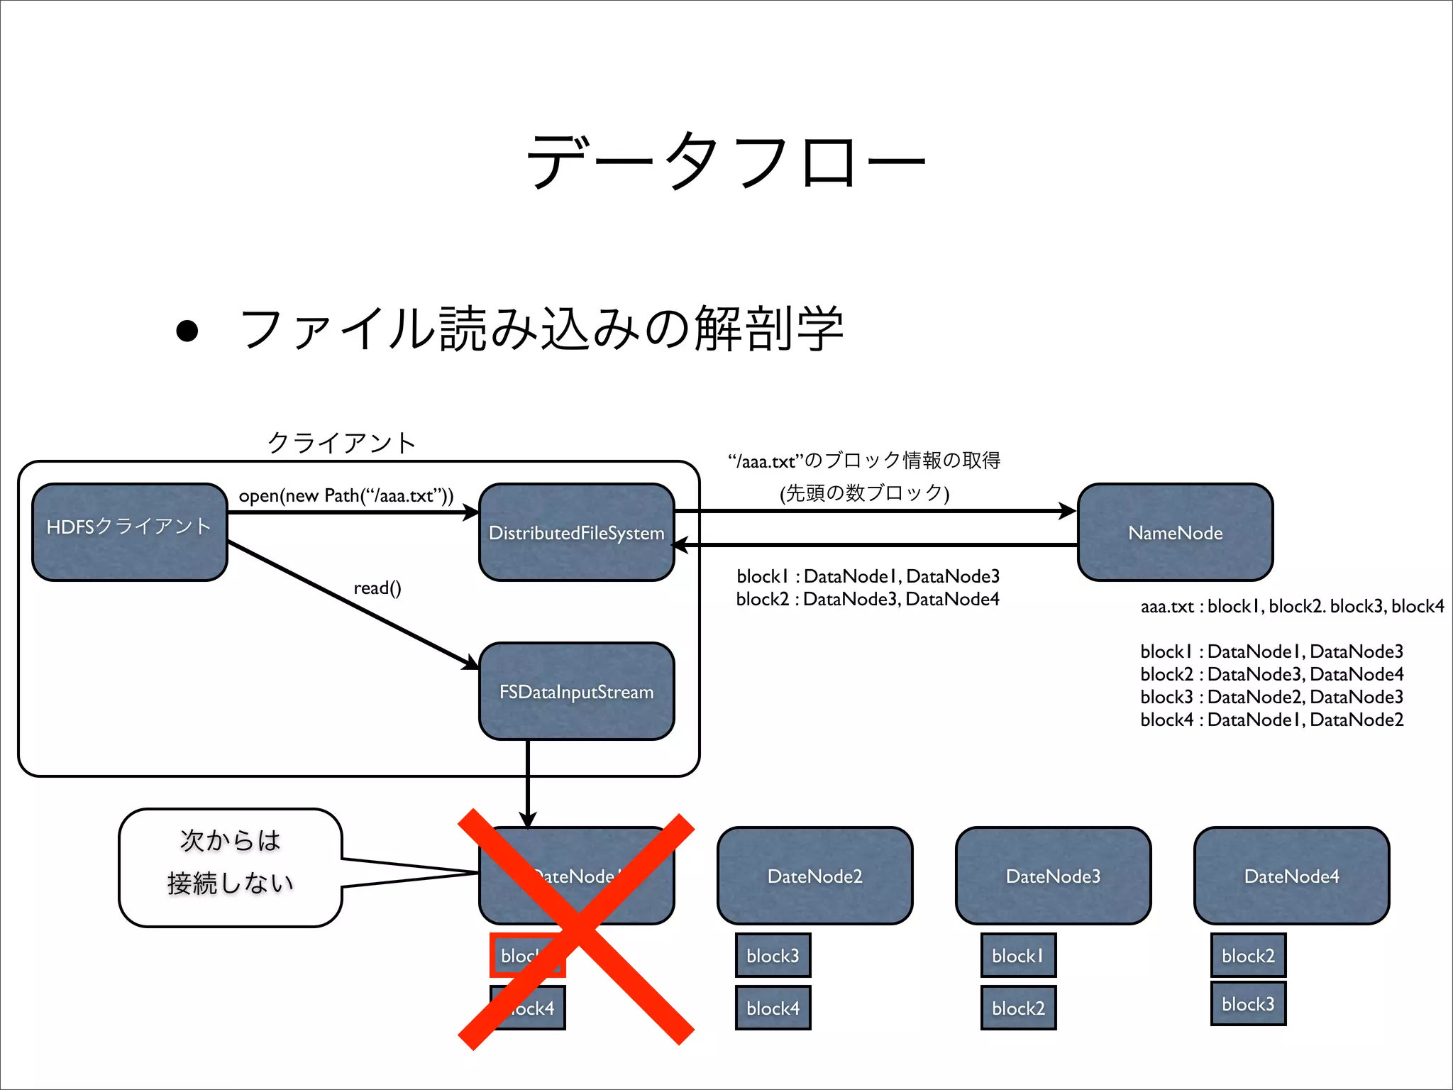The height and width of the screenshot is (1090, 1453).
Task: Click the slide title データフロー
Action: pos(725,162)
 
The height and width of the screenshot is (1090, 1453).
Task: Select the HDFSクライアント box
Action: pos(130,532)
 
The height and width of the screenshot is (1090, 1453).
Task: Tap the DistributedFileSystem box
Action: pos(576,532)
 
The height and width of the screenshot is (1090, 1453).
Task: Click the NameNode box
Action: pos(1175,532)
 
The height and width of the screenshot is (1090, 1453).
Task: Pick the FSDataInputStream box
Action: pos(576,691)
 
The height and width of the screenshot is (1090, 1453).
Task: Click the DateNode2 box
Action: pos(814,876)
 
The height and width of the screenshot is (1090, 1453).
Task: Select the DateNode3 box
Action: pos(1053,876)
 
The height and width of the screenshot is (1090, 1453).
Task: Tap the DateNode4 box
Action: pos(1291,876)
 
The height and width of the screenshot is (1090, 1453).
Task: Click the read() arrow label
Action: pos(377,588)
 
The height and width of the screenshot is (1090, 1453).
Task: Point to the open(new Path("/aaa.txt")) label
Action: pos(346,495)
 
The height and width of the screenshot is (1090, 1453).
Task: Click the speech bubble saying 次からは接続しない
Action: pos(231,867)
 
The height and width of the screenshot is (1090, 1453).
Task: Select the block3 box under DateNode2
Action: pos(773,956)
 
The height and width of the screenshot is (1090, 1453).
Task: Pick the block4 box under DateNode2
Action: pos(773,1008)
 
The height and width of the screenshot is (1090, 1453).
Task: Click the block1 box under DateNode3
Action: pos(1018,956)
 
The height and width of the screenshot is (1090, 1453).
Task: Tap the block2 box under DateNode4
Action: pos(1248,956)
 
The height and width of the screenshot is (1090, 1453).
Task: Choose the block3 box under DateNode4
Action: pos(1248,1003)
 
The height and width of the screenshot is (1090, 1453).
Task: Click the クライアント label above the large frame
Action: pos(341,443)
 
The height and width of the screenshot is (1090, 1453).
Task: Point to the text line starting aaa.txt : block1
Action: pos(1291,606)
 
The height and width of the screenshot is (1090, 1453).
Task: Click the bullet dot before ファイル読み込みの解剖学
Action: pos(187,331)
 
